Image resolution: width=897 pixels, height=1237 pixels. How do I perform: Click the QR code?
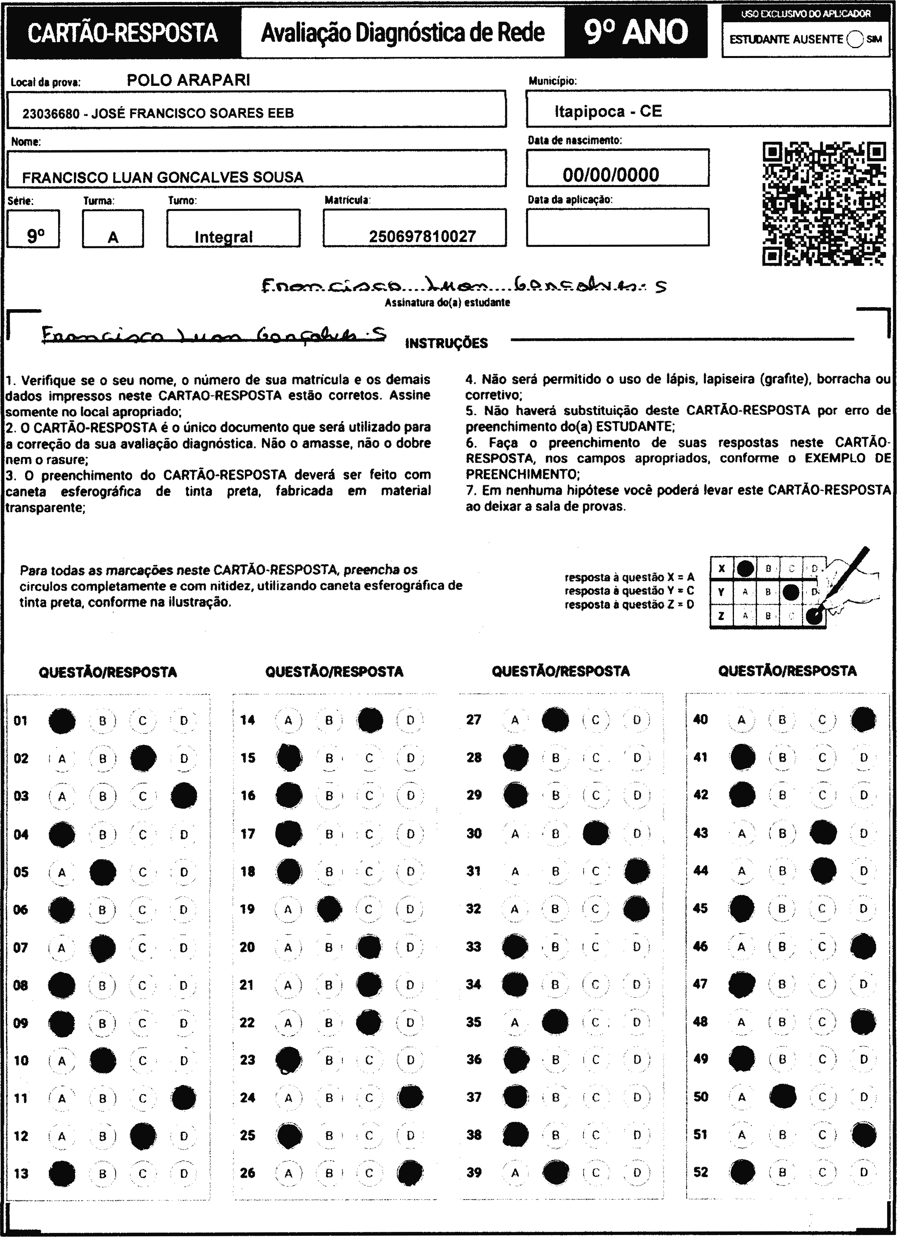[823, 203]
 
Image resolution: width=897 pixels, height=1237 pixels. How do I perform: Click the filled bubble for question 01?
[62, 720]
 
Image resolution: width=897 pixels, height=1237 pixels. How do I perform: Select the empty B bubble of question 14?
[329, 720]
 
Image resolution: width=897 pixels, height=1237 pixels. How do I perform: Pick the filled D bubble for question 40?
[863, 719]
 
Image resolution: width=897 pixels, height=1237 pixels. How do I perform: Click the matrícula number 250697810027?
[422, 236]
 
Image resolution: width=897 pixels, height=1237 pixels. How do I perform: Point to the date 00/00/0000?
[611, 174]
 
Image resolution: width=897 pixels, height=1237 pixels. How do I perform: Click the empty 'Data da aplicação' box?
[617, 227]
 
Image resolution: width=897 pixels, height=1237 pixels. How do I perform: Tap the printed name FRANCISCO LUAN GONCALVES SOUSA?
[163, 177]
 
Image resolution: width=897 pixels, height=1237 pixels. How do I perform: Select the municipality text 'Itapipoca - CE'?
[608, 111]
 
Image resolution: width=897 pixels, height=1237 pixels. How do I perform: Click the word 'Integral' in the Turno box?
[224, 237]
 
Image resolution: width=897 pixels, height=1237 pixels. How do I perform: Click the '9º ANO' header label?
[636, 32]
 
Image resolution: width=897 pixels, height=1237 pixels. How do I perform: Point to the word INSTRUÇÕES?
[447, 343]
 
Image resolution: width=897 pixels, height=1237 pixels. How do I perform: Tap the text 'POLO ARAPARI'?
[188, 80]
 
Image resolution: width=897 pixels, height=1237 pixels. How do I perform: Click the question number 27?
[474, 719]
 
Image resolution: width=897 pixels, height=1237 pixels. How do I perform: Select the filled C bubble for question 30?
[596, 833]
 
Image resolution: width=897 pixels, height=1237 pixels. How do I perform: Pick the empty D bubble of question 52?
[864, 1172]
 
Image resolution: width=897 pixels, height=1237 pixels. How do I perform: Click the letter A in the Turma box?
[113, 237]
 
